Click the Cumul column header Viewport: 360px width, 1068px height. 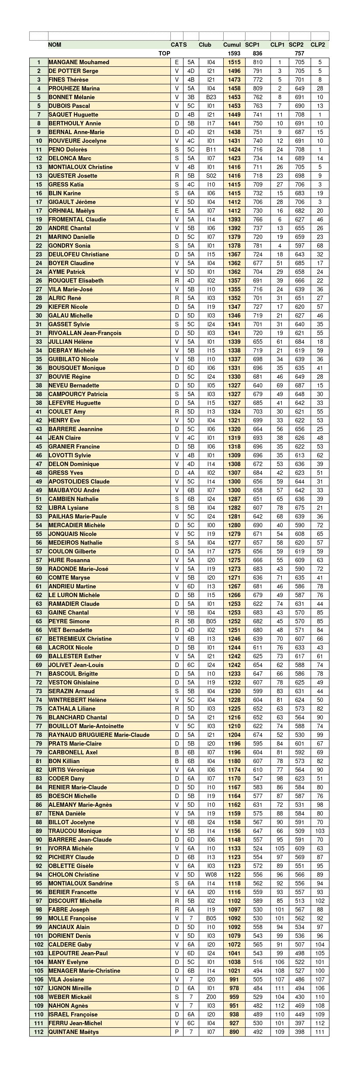point(232,45)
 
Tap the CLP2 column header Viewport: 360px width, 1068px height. point(318,45)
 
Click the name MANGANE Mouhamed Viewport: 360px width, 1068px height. point(79,62)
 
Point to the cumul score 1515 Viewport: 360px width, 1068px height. point(234,62)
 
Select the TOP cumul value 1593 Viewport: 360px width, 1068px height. point(234,53)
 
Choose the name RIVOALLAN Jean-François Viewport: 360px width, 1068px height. point(85,333)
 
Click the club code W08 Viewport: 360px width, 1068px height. point(211,874)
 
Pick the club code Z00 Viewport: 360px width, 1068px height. point(211,997)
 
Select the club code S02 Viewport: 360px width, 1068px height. point(211,176)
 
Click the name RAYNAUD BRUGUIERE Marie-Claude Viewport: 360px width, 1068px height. point(99,735)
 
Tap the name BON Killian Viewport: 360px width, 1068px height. point(64,761)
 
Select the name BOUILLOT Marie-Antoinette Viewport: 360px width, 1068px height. point(86,726)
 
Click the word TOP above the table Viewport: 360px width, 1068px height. point(164,53)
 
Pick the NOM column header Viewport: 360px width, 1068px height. point(55,45)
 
